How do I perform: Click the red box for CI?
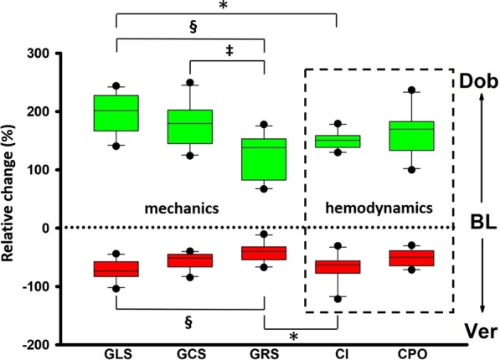[x=338, y=267]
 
